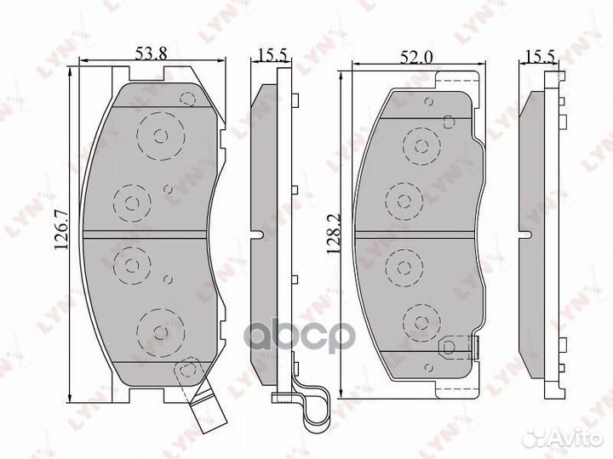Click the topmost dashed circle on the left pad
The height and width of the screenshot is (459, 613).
(162, 135)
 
